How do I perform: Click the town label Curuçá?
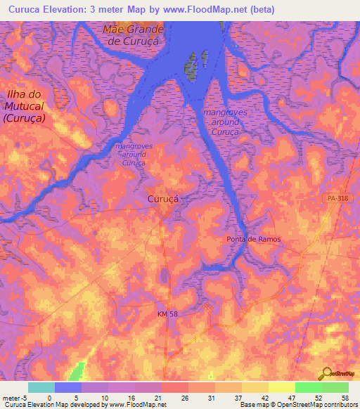163,199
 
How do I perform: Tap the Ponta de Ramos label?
254,240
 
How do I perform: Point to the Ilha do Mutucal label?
24,106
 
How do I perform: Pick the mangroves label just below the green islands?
221,122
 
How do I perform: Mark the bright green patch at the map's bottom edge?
79,371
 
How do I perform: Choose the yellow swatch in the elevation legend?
281,387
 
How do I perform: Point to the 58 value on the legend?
344,397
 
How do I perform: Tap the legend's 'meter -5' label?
14,397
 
